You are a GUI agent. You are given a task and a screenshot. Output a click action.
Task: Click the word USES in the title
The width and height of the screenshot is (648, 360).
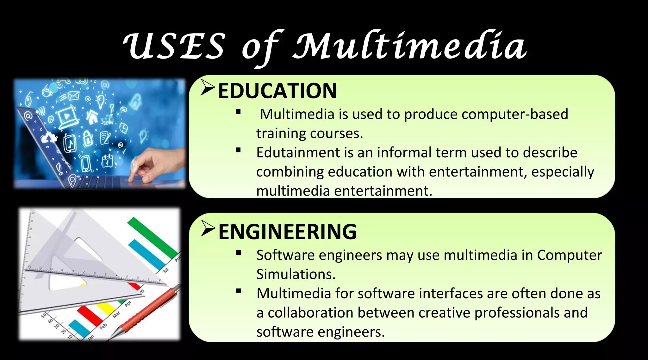(174, 47)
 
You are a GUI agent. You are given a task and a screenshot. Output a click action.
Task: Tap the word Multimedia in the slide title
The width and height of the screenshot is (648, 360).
(409, 47)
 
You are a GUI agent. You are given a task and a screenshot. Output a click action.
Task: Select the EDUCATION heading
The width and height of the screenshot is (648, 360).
(277, 91)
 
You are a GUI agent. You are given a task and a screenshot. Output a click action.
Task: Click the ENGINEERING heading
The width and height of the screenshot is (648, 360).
(287, 232)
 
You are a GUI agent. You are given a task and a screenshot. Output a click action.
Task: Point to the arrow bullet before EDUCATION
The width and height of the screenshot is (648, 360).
(208, 88)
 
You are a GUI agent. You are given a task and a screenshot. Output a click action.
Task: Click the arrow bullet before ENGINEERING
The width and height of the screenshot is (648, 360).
(208, 229)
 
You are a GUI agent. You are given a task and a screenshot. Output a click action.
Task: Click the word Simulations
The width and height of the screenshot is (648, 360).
(296, 274)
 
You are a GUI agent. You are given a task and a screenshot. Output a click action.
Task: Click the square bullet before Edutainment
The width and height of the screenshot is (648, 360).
(238, 150)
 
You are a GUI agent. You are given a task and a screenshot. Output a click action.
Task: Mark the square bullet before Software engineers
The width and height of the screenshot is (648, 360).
(238, 252)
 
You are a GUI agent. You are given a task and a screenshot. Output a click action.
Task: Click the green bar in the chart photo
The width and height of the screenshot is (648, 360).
(152, 236)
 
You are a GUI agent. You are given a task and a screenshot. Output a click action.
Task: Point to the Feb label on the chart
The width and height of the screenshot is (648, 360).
(103, 326)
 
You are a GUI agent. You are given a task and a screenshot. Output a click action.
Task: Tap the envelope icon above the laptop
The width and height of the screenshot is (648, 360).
(73, 95)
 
